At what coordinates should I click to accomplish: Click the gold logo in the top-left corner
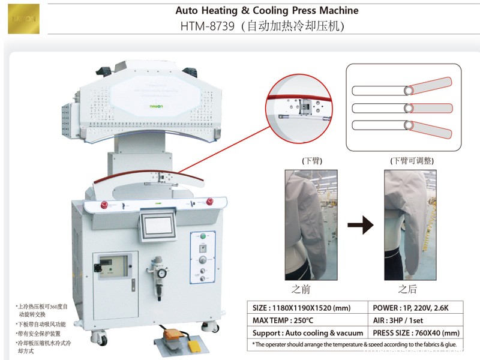coord(23,19)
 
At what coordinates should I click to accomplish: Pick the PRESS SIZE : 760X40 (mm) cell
coord(415,332)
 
